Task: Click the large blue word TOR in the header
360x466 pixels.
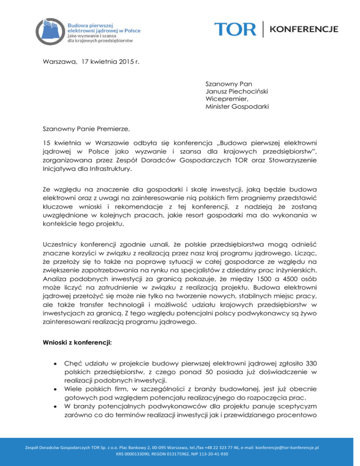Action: point(236,29)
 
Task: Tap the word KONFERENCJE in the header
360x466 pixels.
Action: point(304,29)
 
